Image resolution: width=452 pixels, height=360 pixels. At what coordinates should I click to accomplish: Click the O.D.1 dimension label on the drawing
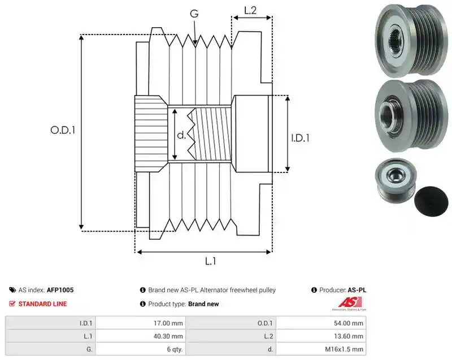tap(63, 131)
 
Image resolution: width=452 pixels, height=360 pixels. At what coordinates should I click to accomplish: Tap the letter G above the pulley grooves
tap(194, 14)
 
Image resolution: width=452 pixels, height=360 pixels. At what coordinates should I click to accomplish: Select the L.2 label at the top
tap(250, 10)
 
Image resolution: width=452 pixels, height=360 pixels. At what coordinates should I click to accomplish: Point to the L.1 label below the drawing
tap(210, 261)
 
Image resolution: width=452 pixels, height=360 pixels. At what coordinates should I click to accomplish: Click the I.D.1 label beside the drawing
tap(300, 138)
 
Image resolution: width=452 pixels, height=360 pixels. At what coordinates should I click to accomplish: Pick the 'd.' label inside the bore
tap(181, 135)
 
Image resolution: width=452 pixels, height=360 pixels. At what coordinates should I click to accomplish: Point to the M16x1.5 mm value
tap(344, 349)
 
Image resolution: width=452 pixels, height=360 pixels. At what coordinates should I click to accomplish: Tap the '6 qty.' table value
tap(175, 349)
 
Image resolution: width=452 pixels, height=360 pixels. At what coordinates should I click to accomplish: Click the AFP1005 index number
tap(60, 290)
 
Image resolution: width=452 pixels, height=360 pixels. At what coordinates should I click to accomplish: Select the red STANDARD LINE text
tap(43, 304)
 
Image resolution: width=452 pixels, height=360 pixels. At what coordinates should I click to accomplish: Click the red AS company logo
tap(350, 303)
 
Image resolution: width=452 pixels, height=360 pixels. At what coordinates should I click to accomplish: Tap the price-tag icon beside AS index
tap(12, 290)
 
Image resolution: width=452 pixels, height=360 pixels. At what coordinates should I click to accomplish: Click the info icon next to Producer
tap(314, 290)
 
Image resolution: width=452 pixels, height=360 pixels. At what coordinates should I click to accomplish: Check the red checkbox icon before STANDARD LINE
tap(12, 304)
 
